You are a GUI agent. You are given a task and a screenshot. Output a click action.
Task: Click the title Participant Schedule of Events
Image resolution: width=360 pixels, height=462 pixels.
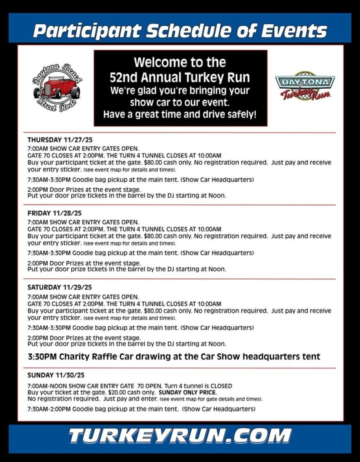coord(180,31)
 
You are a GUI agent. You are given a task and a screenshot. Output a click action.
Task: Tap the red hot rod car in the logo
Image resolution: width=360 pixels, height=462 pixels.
coord(56,88)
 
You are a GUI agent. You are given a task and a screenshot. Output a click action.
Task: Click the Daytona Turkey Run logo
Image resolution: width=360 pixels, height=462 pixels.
coord(305,86)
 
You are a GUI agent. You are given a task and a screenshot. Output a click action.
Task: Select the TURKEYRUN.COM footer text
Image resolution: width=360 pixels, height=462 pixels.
coord(180,436)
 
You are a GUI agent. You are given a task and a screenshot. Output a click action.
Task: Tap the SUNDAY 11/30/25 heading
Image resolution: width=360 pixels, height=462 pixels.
coord(56,375)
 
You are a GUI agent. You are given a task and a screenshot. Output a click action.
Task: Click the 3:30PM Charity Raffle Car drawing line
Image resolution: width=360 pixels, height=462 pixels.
coord(174,356)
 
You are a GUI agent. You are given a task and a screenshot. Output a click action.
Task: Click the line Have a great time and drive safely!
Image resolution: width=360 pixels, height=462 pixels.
coord(180,115)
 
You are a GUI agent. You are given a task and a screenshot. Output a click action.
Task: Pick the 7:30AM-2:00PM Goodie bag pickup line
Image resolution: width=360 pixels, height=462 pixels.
coord(141,409)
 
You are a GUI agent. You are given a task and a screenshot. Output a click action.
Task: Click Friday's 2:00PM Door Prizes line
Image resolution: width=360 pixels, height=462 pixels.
coord(84,263)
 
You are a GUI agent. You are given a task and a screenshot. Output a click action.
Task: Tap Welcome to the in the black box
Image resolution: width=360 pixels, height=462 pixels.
coord(180,62)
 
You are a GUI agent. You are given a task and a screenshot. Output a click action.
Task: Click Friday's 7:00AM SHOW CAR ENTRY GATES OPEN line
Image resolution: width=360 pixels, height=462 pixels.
coord(83,222)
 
